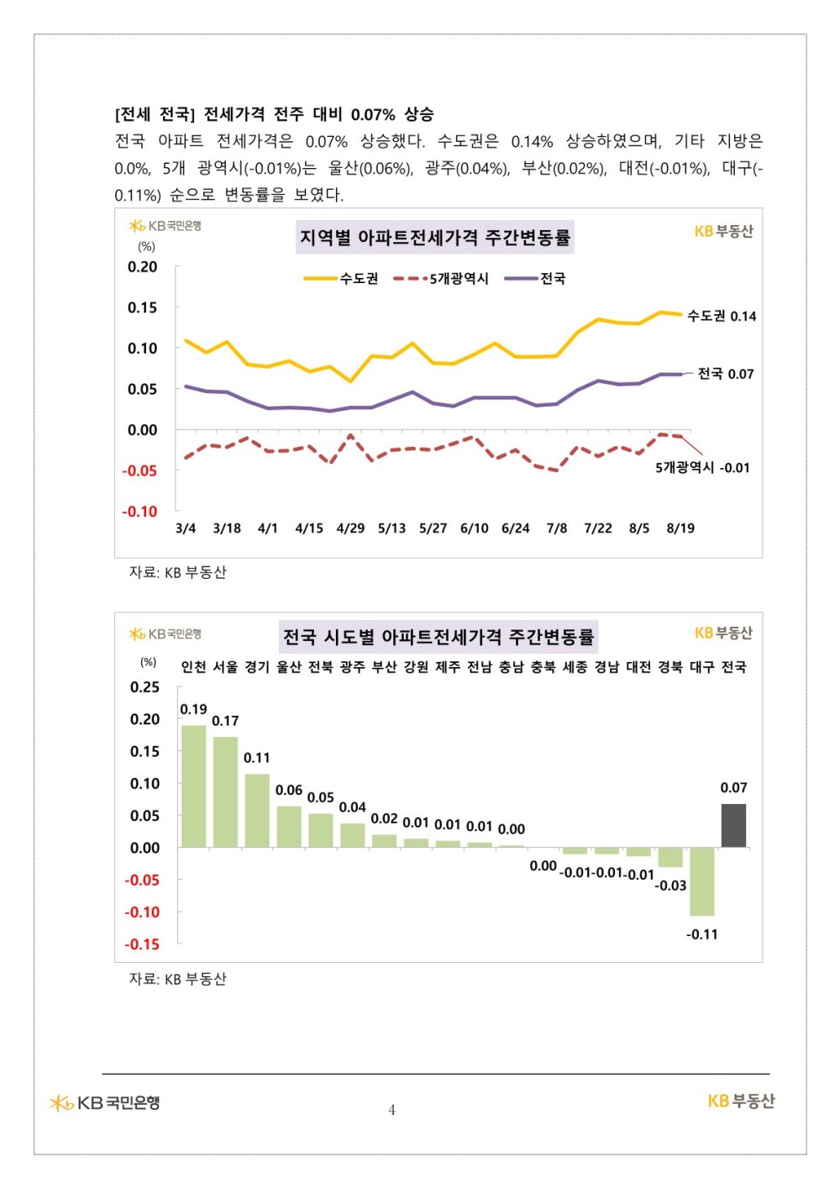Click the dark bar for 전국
pyautogui.click(x=732, y=826)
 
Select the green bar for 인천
pyautogui.click(x=193, y=786)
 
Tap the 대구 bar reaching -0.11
pyautogui.click(x=701, y=881)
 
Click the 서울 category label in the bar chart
pyautogui.click(x=225, y=666)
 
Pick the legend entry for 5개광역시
pyautogui.click(x=441, y=278)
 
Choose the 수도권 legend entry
pyautogui.click(x=340, y=278)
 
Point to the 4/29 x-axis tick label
pyautogui.click(x=350, y=528)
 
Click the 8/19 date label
pyautogui.click(x=680, y=528)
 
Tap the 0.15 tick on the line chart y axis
pyautogui.click(x=143, y=308)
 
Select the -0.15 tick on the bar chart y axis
pyautogui.click(x=142, y=944)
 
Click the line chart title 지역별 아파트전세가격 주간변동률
pyautogui.click(x=435, y=237)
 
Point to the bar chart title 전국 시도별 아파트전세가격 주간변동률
pyautogui.click(x=438, y=637)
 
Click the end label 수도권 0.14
pyautogui.click(x=722, y=316)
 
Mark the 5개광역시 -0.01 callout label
pyautogui.click(x=702, y=468)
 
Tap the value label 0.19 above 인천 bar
pyautogui.click(x=193, y=710)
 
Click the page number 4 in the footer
pyautogui.click(x=392, y=1110)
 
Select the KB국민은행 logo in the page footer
pyautogui.click(x=104, y=1103)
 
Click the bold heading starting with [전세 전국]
pyautogui.click(x=274, y=114)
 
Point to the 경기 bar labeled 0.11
pyautogui.click(x=257, y=811)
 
